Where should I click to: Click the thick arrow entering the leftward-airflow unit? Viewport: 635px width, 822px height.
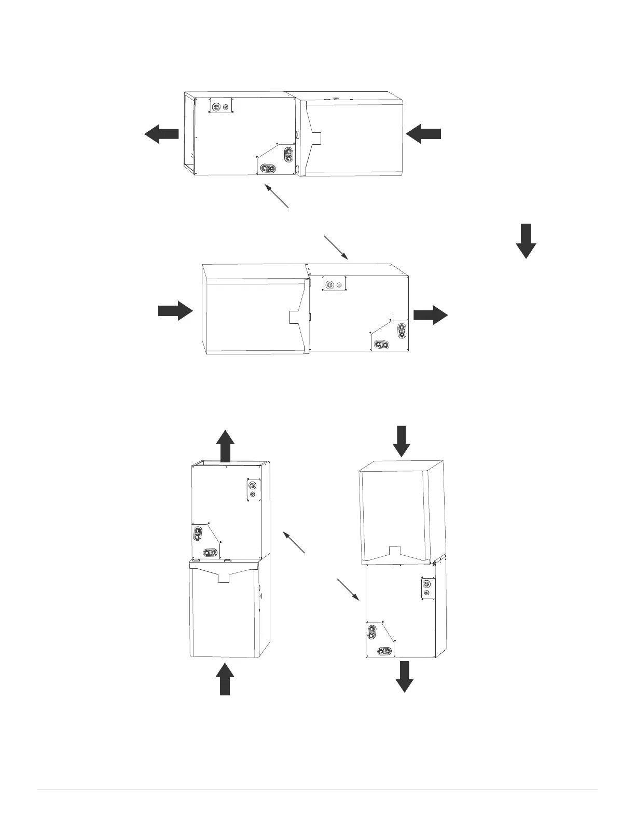pos(423,134)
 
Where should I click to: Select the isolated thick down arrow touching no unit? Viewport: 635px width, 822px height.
pos(526,241)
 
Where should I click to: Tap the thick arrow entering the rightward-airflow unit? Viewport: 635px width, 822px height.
pos(175,310)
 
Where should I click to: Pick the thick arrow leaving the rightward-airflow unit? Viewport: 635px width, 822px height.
pos(431,315)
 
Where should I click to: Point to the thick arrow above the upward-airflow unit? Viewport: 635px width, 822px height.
pos(225,446)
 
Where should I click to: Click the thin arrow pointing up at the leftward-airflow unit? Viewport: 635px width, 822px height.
pos(277,196)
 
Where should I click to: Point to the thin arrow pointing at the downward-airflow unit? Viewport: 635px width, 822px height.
pos(349,591)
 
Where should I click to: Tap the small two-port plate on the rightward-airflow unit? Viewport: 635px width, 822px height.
pos(335,284)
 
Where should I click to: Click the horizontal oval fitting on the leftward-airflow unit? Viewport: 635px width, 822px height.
pos(268,168)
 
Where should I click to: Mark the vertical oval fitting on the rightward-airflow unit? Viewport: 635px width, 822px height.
pos(402,331)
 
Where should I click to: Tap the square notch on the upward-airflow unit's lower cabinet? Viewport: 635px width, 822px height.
pos(224,578)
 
